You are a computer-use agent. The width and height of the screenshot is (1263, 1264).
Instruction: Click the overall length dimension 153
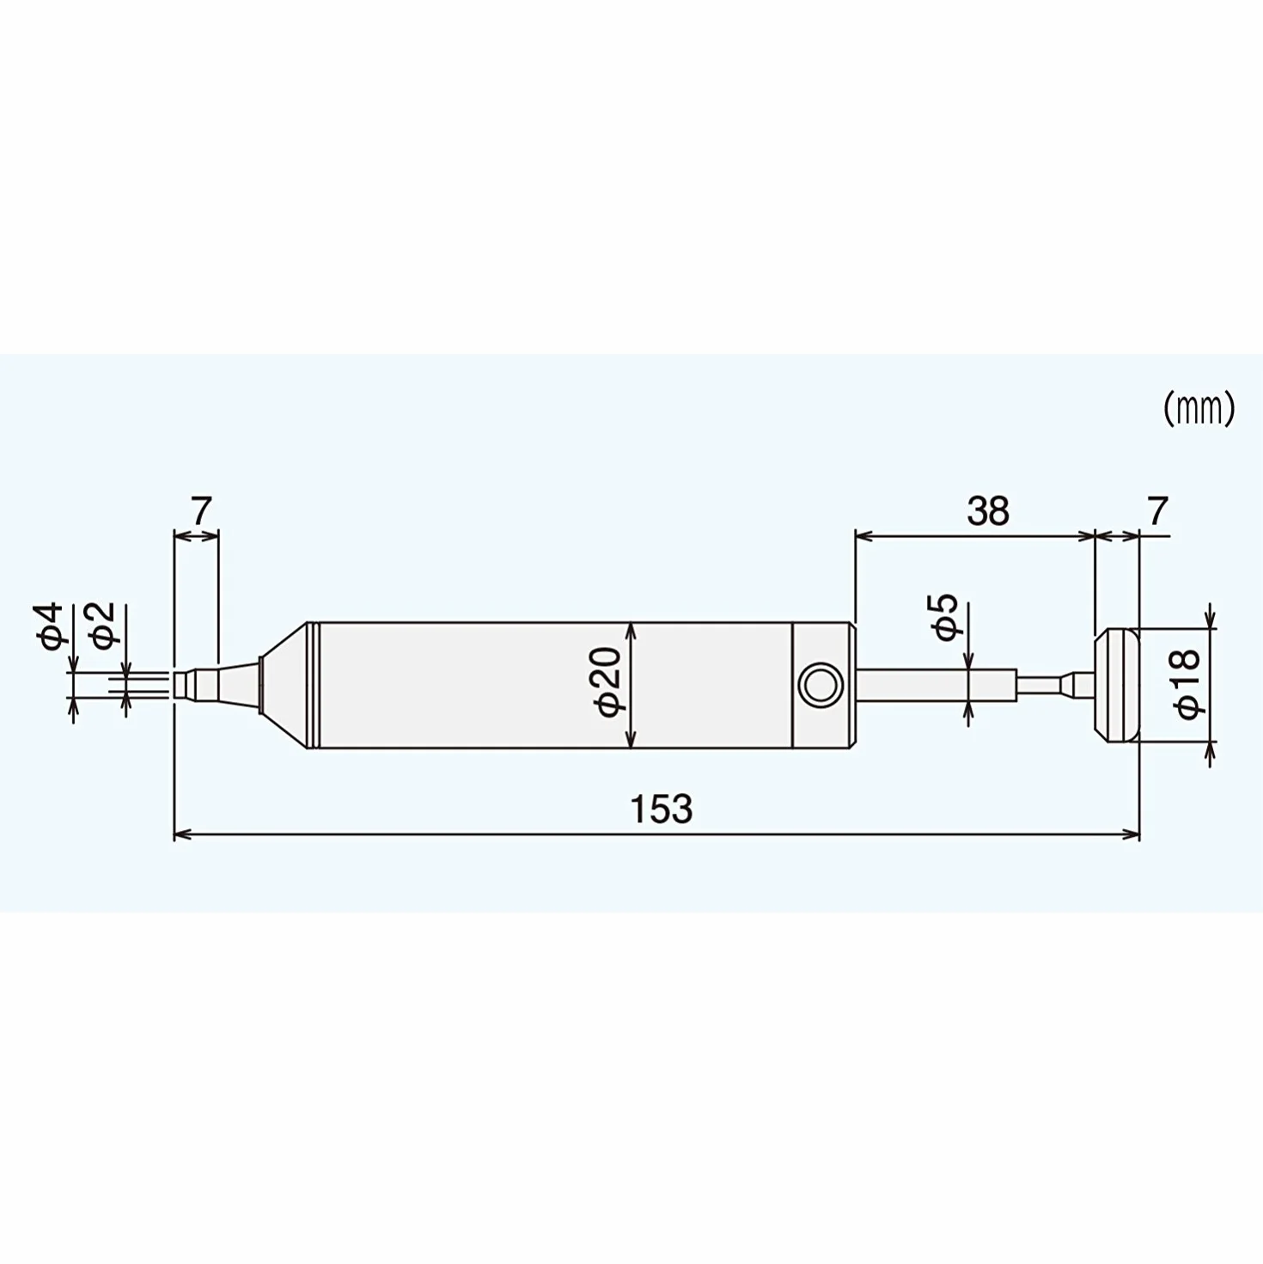661,809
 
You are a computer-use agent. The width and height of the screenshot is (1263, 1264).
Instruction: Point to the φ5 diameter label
946,617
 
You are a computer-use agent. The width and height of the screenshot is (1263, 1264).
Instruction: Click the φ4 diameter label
52,626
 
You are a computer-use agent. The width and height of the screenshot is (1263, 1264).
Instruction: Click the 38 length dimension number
987,511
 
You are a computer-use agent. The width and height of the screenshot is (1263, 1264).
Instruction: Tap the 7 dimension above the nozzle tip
202,511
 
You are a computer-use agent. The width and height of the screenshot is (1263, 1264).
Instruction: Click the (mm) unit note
1199,410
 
